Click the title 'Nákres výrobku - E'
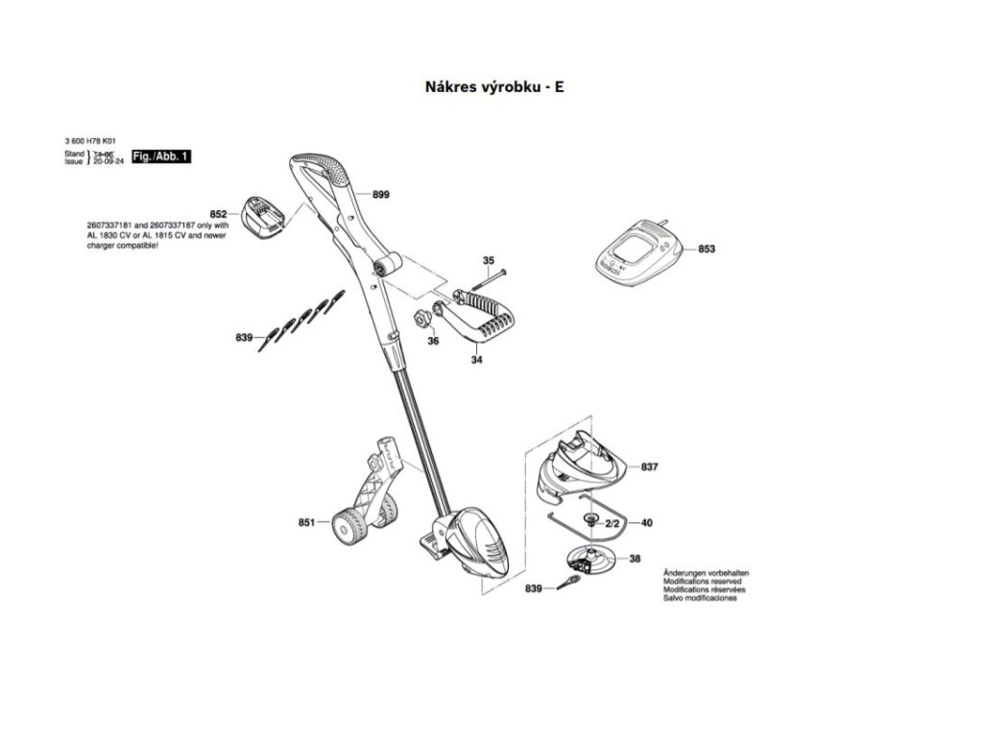click(x=494, y=86)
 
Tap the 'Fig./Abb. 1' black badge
click(x=161, y=155)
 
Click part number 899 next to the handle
click(x=381, y=195)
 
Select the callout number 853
click(x=707, y=249)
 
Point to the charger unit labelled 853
click(x=637, y=252)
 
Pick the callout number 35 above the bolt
click(x=488, y=261)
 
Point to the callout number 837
click(x=650, y=467)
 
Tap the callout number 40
click(x=646, y=523)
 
